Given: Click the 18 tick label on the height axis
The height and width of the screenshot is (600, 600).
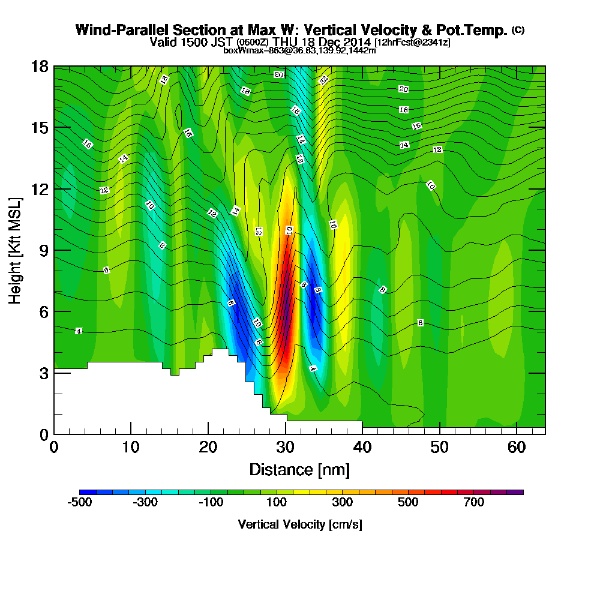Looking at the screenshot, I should point(40,67).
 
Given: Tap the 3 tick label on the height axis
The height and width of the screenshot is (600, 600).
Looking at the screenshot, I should point(43,373).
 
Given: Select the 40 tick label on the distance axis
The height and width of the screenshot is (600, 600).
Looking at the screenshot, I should point(362,448).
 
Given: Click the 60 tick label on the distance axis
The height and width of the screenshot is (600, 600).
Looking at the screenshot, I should point(517,448).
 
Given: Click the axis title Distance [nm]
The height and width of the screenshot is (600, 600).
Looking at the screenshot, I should point(299,469).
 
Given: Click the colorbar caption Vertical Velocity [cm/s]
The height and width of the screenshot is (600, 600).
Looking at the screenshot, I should point(300,524).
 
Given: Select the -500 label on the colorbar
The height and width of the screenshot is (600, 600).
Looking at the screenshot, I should point(80,503).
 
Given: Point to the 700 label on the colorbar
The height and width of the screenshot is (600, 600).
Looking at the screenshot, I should point(474,503).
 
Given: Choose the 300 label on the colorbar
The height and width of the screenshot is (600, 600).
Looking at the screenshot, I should point(343,503).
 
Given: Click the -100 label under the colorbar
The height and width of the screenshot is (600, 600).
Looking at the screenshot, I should point(211,503).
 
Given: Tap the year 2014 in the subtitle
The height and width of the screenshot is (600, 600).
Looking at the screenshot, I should point(356,42).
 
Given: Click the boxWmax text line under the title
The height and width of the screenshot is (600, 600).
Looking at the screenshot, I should point(299,50).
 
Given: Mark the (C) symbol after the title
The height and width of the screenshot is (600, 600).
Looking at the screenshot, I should point(518,30).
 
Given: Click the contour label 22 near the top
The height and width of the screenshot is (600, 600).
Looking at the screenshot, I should point(323,80).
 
